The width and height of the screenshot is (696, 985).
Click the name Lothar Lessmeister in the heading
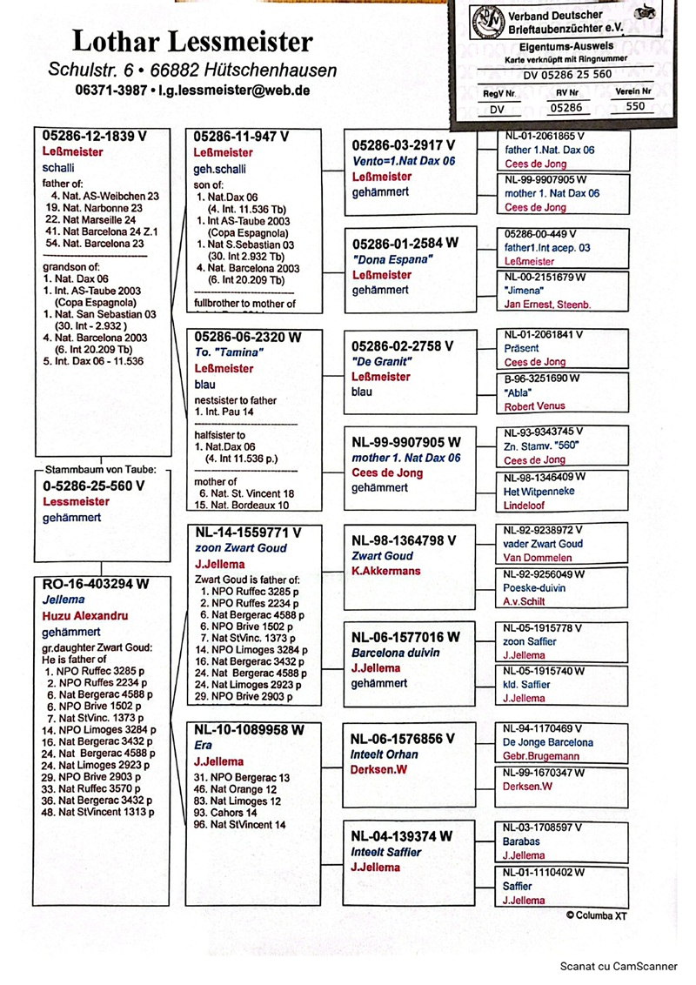192,41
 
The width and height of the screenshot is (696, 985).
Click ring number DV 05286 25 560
567,75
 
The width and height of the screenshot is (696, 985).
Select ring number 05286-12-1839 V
96,137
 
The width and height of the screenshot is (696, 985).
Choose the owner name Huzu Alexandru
85,616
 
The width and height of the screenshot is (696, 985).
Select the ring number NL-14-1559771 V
248,533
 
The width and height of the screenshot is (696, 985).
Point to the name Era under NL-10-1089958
203,745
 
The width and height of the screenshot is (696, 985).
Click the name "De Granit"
380,361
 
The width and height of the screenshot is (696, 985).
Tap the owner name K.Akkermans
385,571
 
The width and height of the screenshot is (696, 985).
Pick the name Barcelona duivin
395,653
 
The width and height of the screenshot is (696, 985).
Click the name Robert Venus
535,406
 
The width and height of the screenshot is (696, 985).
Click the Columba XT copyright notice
596,915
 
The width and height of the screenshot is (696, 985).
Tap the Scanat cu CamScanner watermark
619,965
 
